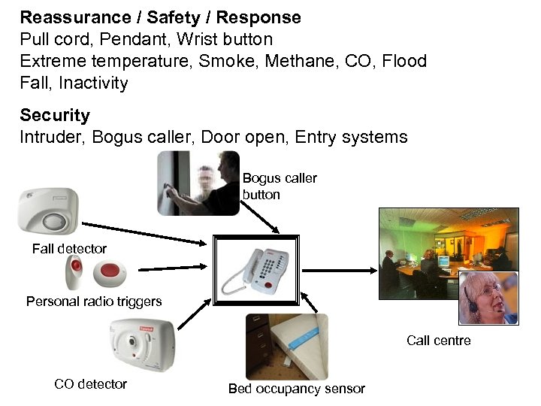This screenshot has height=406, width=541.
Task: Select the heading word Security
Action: [55, 115]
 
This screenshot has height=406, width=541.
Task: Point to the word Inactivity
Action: [93, 83]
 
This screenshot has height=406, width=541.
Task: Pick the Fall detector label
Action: [69, 249]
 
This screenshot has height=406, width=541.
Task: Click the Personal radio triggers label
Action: [94, 301]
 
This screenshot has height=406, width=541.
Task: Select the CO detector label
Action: [90, 384]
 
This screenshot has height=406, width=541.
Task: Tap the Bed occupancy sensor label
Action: [296, 389]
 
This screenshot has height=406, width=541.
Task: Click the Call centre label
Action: [439, 341]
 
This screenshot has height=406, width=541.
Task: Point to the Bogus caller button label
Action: [280, 186]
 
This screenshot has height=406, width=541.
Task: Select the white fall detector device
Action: [47, 212]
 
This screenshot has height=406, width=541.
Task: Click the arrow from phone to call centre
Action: [338, 268]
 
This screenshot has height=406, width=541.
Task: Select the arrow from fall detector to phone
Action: [143, 232]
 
